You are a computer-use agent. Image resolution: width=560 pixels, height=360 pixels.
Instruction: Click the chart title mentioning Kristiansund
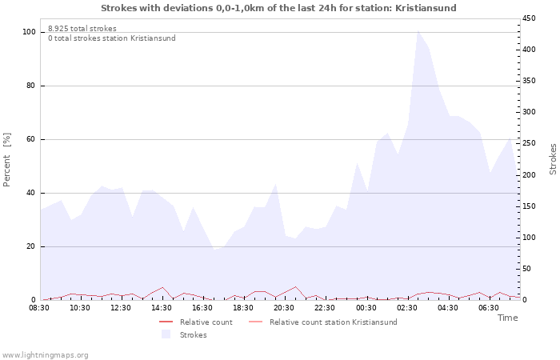(279, 8)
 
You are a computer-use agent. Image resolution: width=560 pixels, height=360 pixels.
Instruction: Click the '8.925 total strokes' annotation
(82, 29)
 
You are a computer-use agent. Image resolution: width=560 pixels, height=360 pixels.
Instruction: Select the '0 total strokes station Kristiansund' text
(111, 38)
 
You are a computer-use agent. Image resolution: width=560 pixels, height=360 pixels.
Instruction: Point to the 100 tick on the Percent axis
(30, 32)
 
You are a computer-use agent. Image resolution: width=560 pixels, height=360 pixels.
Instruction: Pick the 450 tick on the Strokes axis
(529, 18)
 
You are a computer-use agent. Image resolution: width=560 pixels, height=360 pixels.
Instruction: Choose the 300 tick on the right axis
(529, 112)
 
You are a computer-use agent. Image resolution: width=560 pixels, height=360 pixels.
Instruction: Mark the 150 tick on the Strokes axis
(529, 206)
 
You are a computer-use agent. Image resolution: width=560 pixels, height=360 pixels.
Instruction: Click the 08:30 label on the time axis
(39, 307)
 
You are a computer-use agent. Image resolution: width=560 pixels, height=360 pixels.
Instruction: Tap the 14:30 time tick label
(162, 307)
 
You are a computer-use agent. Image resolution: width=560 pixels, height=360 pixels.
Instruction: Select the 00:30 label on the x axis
(366, 307)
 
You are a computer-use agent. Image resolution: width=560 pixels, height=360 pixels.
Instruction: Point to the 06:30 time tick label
(488, 307)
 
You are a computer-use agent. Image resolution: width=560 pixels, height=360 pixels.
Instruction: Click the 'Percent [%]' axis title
(7, 160)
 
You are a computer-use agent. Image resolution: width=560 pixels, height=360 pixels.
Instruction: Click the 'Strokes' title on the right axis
(553, 158)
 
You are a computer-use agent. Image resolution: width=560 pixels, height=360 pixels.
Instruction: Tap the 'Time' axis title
(507, 318)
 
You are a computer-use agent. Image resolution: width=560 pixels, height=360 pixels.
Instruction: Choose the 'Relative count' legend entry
(206, 322)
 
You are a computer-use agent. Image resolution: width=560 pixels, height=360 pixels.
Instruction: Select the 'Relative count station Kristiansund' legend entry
(333, 322)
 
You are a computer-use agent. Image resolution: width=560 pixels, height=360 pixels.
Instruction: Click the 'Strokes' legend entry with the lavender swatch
(193, 334)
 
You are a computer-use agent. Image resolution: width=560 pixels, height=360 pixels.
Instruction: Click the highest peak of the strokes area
(418, 30)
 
